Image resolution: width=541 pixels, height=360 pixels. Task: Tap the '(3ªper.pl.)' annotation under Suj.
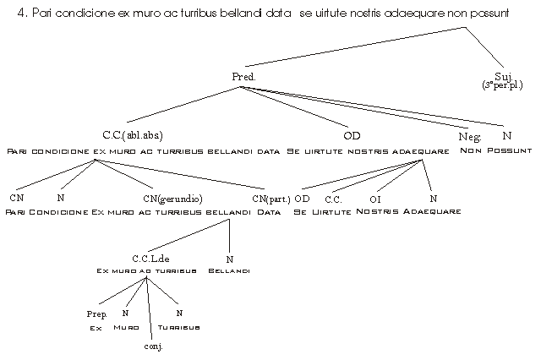[503, 85]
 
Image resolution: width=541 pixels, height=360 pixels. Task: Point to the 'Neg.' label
[470, 136]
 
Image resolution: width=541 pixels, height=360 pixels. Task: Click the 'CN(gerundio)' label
[172, 199]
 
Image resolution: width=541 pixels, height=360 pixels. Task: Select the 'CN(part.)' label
[270, 199]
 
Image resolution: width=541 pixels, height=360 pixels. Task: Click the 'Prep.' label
[96, 314]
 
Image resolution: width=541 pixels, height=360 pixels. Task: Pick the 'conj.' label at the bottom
[153, 346]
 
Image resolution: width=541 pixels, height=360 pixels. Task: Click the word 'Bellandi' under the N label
[229, 270]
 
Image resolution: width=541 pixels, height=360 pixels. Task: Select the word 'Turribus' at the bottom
[179, 326]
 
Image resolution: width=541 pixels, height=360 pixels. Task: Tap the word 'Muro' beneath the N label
[126, 326]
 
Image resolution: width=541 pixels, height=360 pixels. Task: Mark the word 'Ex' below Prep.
[96, 326]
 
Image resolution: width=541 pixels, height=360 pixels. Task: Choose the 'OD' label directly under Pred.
[352, 135]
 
